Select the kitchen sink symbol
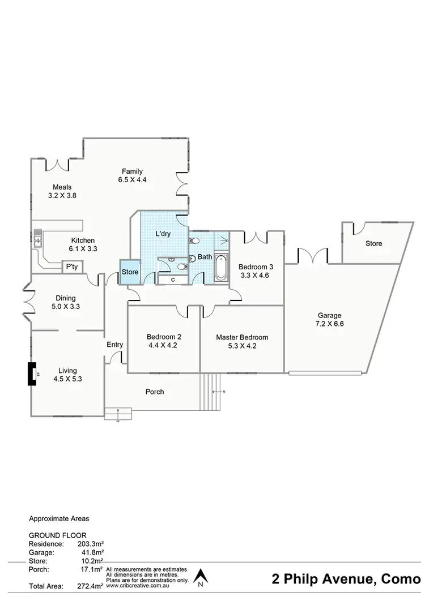[38, 238]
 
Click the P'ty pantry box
[71, 267]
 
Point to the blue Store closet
[130, 272]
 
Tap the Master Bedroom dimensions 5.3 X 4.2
[242, 346]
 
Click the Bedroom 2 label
[164, 340]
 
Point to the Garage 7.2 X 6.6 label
[329, 320]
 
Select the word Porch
[155, 392]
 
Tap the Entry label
[115, 345]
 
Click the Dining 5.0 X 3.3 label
[66, 303]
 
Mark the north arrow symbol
[199, 577]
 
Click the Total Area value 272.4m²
[91, 586]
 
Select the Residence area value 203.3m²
[91, 544]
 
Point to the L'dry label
[164, 233]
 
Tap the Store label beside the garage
[373, 244]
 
